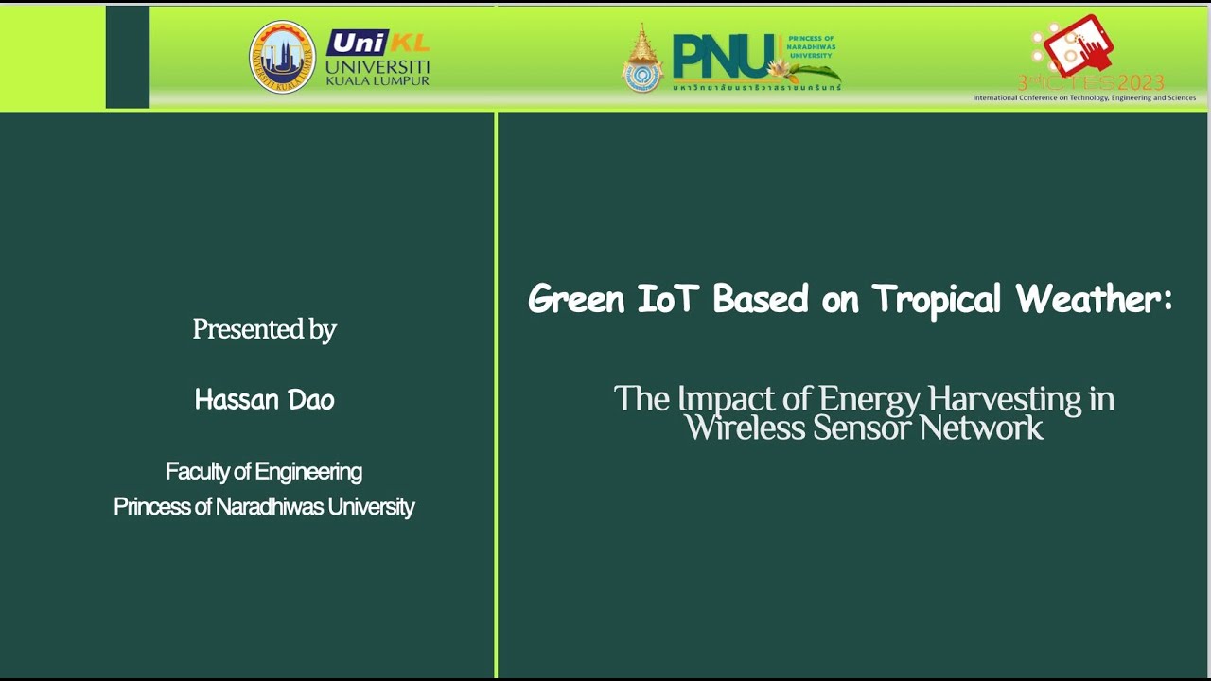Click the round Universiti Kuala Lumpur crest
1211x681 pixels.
point(282,57)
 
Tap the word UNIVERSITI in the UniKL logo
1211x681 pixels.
point(377,66)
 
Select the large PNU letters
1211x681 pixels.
point(719,57)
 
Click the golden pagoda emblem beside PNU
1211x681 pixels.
point(642,59)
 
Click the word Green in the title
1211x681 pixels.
point(576,300)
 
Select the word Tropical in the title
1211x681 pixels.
point(936,300)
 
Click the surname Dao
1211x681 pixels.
point(313,400)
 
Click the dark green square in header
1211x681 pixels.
point(128,57)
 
